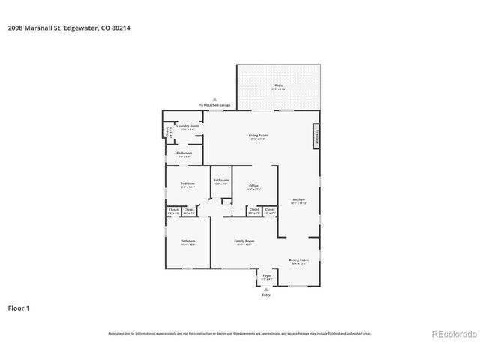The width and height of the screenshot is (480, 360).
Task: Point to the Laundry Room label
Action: point(187,127)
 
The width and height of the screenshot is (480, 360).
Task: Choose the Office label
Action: point(254,187)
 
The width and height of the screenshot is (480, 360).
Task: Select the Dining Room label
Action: point(298,261)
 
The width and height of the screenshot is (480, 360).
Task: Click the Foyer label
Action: point(267,277)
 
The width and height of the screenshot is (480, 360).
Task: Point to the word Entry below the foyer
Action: point(266,295)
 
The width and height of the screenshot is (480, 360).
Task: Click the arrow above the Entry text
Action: point(266,289)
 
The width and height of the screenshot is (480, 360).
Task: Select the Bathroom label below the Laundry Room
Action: point(184,154)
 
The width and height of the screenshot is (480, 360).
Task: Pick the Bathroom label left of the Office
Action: point(220,181)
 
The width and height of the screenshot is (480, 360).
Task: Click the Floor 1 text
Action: point(19,308)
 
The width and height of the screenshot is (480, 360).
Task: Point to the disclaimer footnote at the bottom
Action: point(239,333)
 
